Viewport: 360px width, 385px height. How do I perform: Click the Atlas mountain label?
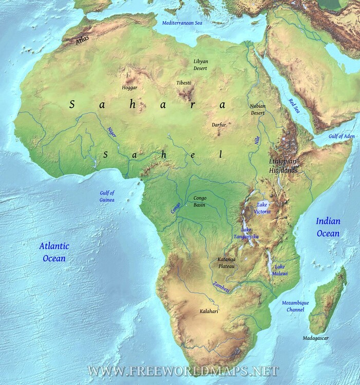82,40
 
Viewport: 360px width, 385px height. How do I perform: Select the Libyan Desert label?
201,65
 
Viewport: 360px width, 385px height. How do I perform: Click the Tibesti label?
183,83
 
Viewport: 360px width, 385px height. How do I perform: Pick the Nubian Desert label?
257,109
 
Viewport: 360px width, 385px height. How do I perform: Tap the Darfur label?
219,125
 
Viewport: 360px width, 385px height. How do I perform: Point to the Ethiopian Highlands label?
283,165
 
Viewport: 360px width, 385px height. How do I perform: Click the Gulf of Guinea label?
107,196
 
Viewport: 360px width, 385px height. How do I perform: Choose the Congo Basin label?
200,201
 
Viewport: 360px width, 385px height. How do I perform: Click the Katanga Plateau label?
226,263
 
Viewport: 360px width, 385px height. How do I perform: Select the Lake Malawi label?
280,270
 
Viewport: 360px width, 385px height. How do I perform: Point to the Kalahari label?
209,312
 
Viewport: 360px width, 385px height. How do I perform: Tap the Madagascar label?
315,338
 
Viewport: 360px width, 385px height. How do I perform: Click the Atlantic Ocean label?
53,252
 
